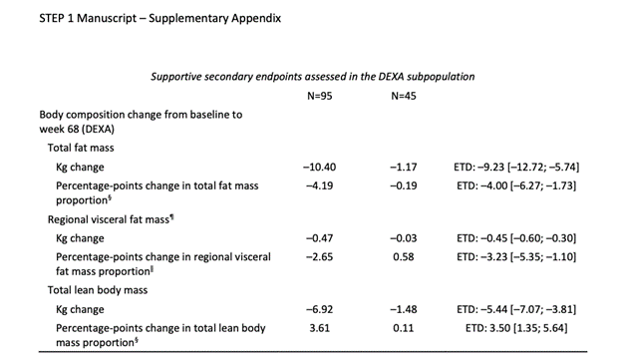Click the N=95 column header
(x=321, y=96)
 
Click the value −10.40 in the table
(x=320, y=167)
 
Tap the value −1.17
(x=405, y=167)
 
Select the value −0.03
(x=405, y=237)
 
